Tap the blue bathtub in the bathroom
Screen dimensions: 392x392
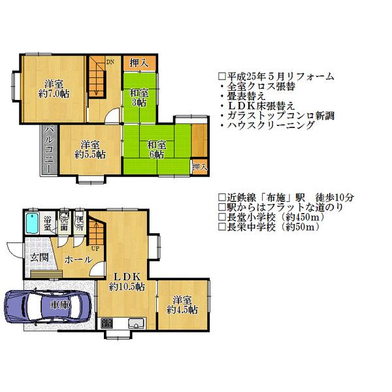(x=32, y=225)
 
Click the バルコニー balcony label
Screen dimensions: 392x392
(x=48, y=148)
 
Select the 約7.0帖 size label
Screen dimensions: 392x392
(x=54, y=94)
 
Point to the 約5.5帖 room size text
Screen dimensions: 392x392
(x=90, y=155)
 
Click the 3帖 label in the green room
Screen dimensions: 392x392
(x=139, y=103)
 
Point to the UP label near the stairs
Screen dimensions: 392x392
(x=95, y=248)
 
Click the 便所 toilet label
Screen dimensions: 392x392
(x=78, y=222)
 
